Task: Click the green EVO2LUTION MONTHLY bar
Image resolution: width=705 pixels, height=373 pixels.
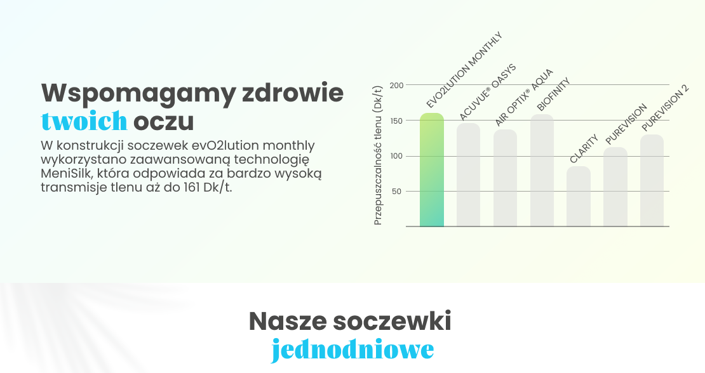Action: (x=432, y=169)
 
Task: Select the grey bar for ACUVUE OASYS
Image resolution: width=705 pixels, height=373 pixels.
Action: (x=469, y=174)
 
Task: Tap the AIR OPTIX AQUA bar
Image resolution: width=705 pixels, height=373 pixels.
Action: (x=505, y=178)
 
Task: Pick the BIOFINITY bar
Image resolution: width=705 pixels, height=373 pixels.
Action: (x=542, y=170)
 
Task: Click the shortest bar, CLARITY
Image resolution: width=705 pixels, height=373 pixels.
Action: (x=578, y=196)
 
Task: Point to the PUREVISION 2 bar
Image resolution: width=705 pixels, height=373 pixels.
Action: (x=652, y=180)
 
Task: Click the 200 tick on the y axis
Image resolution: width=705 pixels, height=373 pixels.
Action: (x=396, y=85)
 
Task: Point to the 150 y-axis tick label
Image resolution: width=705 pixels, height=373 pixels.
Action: (x=396, y=121)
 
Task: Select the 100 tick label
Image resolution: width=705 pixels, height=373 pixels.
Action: (x=396, y=156)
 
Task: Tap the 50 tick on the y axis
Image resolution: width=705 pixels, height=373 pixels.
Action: (x=396, y=191)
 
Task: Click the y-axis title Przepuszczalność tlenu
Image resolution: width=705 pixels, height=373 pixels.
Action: (x=378, y=155)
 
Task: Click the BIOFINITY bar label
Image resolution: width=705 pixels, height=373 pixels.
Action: (x=553, y=95)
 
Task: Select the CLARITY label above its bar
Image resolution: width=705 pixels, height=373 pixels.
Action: (x=584, y=148)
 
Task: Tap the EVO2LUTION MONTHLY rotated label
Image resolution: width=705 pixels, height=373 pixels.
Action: (x=464, y=70)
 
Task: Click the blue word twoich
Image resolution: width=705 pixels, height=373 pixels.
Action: (x=84, y=121)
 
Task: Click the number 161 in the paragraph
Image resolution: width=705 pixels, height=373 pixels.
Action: (x=192, y=187)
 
